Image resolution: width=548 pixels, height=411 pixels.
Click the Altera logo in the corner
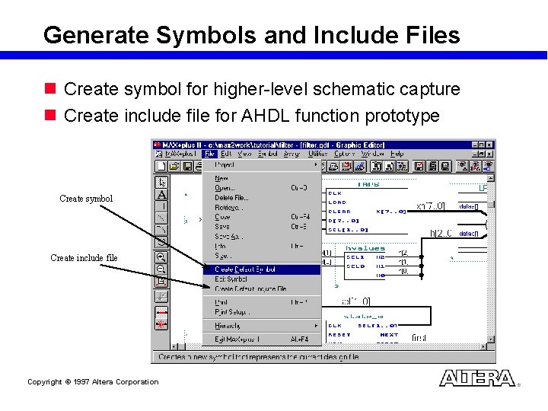(x=477, y=378)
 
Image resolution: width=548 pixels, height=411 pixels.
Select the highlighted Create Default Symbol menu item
(x=245, y=269)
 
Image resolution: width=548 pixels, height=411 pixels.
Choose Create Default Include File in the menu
(x=250, y=288)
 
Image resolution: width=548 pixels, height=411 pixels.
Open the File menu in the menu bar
(x=210, y=154)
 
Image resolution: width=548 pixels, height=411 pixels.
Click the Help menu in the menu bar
(x=397, y=154)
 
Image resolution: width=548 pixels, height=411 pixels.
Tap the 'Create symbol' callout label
(x=86, y=199)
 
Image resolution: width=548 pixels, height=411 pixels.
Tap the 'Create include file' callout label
(x=84, y=258)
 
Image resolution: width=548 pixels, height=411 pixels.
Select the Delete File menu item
(x=231, y=197)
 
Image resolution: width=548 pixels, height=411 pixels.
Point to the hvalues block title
(x=365, y=248)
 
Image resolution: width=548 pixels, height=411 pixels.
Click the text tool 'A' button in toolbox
(x=161, y=195)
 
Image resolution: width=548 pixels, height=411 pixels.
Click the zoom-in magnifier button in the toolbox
(x=161, y=257)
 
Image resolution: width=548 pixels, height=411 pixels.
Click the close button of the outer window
(x=491, y=144)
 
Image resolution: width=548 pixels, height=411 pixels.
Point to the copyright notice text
(x=93, y=382)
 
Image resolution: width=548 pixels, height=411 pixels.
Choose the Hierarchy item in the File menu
(x=228, y=326)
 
